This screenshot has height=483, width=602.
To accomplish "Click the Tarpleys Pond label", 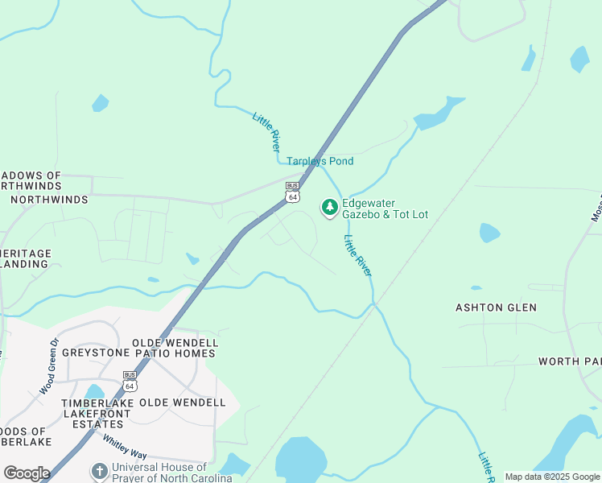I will [x=320, y=162].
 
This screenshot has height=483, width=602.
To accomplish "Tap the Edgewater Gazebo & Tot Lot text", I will [x=385, y=208].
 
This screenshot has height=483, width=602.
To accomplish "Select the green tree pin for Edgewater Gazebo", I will [x=329, y=208].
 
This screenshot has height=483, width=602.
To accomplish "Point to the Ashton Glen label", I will [x=496, y=308].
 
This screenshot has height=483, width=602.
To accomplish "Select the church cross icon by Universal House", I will [x=99, y=471].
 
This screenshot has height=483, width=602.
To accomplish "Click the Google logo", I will [x=26, y=473].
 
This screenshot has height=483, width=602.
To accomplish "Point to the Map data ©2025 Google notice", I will [x=552, y=477].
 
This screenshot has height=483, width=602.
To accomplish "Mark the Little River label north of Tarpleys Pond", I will [x=266, y=132].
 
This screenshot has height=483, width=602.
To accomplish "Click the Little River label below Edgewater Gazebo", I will [x=357, y=255].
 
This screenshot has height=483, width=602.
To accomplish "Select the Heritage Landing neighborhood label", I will [x=26, y=258].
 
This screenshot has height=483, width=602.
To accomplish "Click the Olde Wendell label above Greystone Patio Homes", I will [x=175, y=343].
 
